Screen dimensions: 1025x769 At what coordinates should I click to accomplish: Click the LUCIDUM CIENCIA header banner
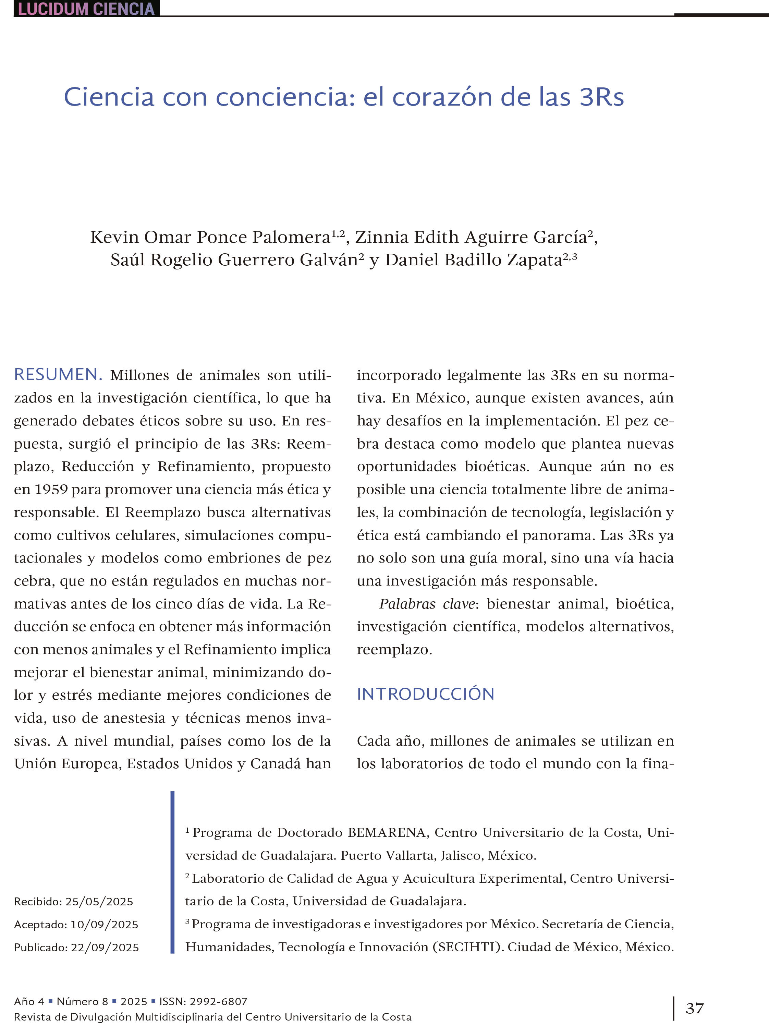point(86,9)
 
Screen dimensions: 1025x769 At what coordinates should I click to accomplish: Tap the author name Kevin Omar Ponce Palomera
point(210,237)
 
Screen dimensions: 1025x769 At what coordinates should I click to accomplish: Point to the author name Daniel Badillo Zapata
point(474,260)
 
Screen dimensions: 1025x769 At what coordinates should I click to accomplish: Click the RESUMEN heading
point(58,374)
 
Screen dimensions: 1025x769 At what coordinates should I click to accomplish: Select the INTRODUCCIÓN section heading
point(425,694)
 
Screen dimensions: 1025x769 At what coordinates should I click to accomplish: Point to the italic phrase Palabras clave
point(427,604)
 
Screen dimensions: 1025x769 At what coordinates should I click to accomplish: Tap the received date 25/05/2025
point(99,901)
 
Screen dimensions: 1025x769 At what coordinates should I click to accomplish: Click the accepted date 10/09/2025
point(104,925)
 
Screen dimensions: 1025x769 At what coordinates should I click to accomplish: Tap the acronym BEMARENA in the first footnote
point(386,833)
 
